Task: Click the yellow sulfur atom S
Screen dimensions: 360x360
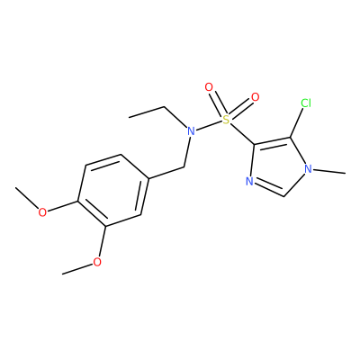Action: [x=226, y=120]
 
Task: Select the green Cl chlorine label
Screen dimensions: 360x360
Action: [x=306, y=103]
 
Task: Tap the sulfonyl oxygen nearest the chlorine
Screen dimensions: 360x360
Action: [x=255, y=97]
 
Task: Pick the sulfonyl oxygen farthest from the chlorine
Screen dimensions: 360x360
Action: [x=209, y=87]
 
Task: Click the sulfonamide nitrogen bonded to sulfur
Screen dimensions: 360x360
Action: [x=191, y=131]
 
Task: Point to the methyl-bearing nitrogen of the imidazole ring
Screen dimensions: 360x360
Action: [x=308, y=169]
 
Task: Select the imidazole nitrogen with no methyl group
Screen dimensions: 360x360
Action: [x=249, y=181]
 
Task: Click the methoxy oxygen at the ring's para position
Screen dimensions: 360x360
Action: [x=42, y=211]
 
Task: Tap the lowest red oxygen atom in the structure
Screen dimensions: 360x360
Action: [x=97, y=262]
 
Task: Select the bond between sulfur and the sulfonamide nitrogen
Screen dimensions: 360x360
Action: [x=209, y=125]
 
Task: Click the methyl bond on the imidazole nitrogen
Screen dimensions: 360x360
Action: [x=328, y=171]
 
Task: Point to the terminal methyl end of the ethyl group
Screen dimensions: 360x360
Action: [x=129, y=117]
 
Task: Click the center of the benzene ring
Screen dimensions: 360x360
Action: [x=112, y=190]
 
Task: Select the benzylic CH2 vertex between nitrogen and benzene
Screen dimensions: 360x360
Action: [x=184, y=166]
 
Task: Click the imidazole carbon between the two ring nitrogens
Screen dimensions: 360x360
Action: [x=284, y=196]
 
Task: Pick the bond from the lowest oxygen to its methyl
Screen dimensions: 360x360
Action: [x=77, y=269]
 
